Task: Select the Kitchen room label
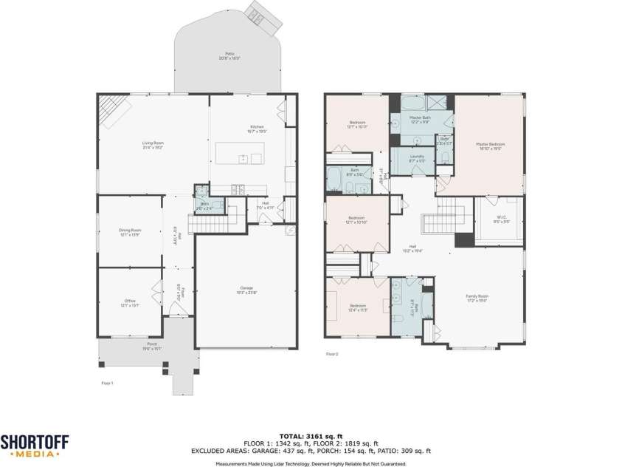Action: pos(257,129)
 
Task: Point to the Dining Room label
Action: pos(130,232)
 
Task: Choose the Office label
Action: pos(130,303)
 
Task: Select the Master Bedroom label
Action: pos(490,146)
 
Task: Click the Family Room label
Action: pos(477,298)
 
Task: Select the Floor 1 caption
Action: pos(107,383)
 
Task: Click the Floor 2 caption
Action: pos(332,354)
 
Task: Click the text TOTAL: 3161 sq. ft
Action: pos(311,436)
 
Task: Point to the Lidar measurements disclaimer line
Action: pos(311,463)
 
